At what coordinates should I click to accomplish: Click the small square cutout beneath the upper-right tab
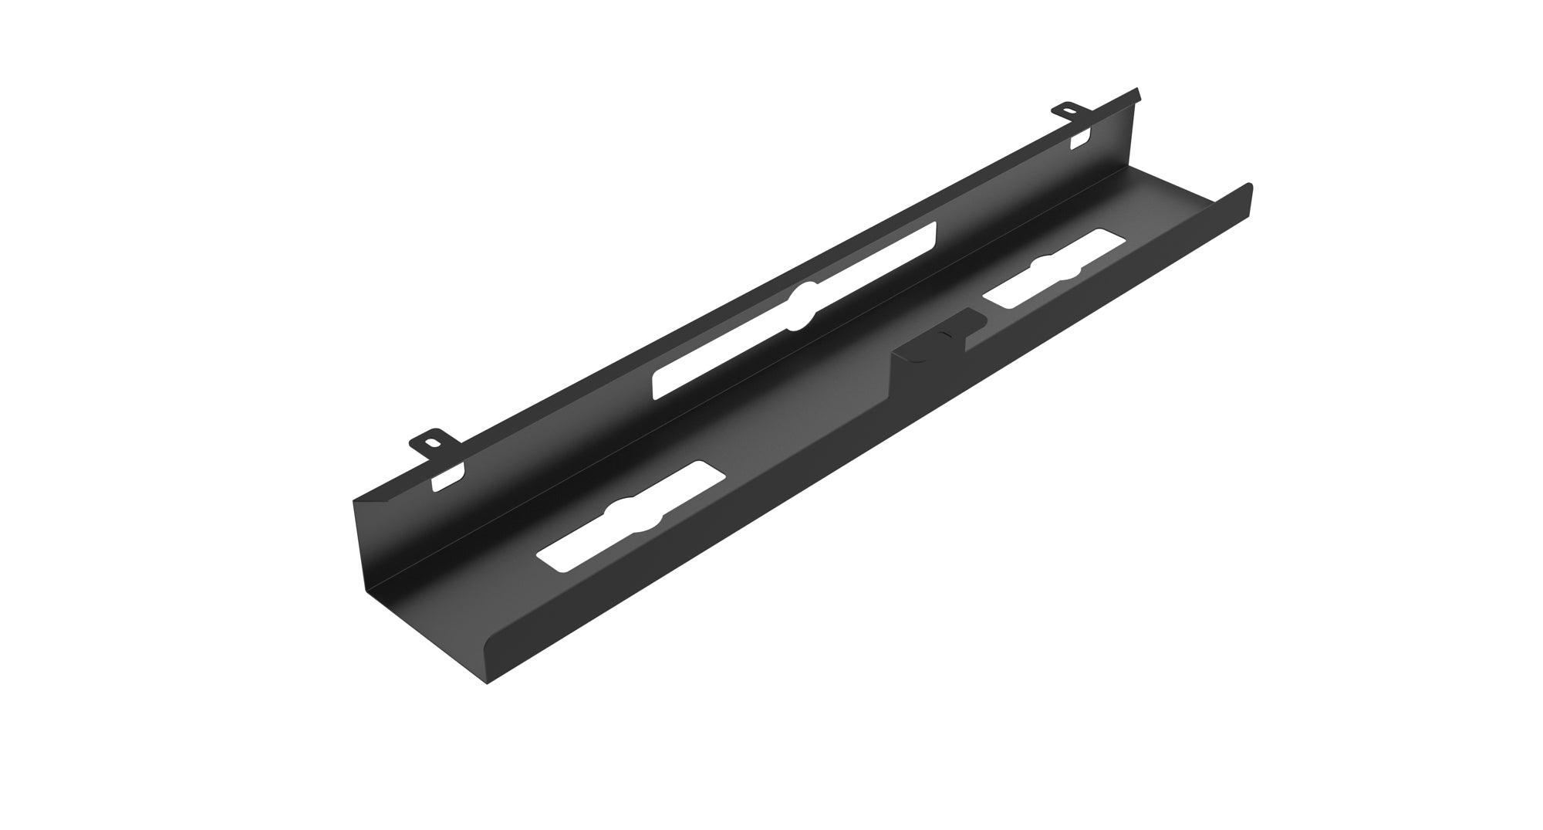click(1080, 139)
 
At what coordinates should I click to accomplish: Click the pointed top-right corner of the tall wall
click(1137, 91)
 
